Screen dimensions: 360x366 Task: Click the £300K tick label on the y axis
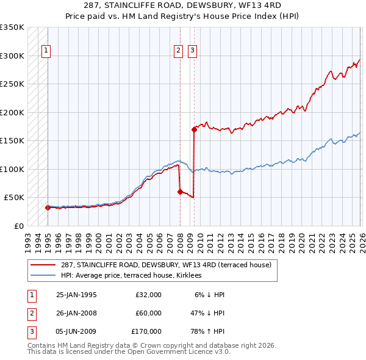pos(12,56)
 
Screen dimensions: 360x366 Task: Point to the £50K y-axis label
pos(14,198)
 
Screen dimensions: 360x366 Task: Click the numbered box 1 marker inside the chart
pos(46,51)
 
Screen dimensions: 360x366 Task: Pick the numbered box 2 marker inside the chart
pos(178,51)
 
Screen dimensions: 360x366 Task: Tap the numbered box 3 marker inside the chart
pos(192,51)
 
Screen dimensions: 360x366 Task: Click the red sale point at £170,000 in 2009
pos(194,129)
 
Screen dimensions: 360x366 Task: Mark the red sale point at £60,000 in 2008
pos(180,192)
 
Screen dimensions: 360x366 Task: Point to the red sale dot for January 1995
pos(48,207)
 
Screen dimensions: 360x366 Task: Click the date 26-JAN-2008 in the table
pos(76,313)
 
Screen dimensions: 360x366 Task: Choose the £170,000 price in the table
pos(146,331)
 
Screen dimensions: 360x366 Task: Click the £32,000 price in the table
pos(148,295)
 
